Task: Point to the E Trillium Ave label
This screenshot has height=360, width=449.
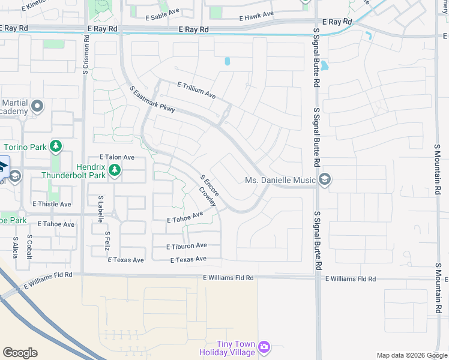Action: click(196, 91)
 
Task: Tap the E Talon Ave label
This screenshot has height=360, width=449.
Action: click(117, 157)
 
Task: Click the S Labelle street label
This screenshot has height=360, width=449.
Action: click(100, 209)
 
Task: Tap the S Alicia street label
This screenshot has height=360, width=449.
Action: click(16, 247)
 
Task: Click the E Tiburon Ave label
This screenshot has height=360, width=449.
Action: click(187, 246)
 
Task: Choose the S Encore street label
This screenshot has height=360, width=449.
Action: click(210, 186)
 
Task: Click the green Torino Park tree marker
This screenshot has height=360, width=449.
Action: click(56, 146)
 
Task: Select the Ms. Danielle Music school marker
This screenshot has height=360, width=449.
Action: click(325, 179)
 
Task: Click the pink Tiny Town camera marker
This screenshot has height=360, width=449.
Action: click(264, 347)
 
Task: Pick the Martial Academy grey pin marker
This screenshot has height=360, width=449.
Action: click(37, 107)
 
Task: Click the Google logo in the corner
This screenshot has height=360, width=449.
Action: click(20, 353)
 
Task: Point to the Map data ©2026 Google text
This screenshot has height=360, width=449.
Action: click(411, 355)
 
